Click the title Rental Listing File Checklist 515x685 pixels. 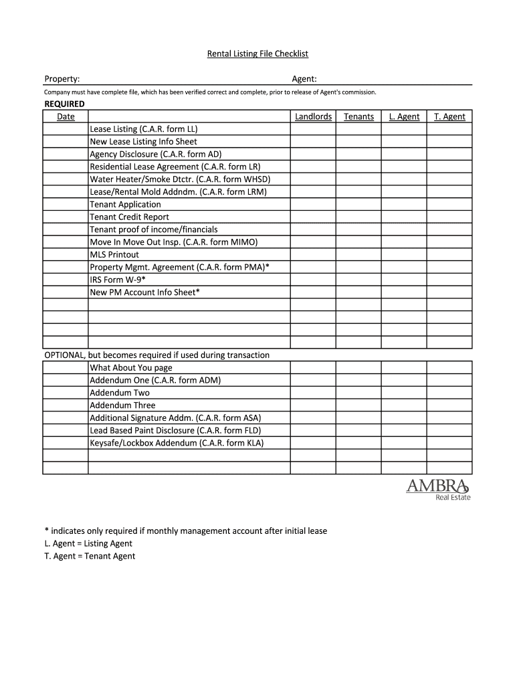tap(257, 54)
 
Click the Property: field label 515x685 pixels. tap(62, 80)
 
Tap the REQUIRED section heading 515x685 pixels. tap(64, 104)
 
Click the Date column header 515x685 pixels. tap(66, 116)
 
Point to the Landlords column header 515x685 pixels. tap(313, 116)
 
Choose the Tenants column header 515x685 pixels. tap(358, 116)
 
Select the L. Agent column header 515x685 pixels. tap(404, 116)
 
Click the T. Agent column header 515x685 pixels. tap(449, 116)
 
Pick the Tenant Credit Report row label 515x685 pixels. tap(129, 217)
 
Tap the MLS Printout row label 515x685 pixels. tap(114, 255)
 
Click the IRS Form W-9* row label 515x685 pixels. tap(118, 280)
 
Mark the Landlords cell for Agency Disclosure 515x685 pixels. tap(313, 154)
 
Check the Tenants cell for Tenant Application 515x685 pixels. tap(358, 205)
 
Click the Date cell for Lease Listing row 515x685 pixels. tap(66, 129)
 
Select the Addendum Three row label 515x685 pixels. tap(122, 405)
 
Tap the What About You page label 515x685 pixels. tap(131, 368)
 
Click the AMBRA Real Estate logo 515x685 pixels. tap(437, 489)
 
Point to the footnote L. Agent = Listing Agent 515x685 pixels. tap(88, 543)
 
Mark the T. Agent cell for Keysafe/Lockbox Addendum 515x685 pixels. tap(449, 443)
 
